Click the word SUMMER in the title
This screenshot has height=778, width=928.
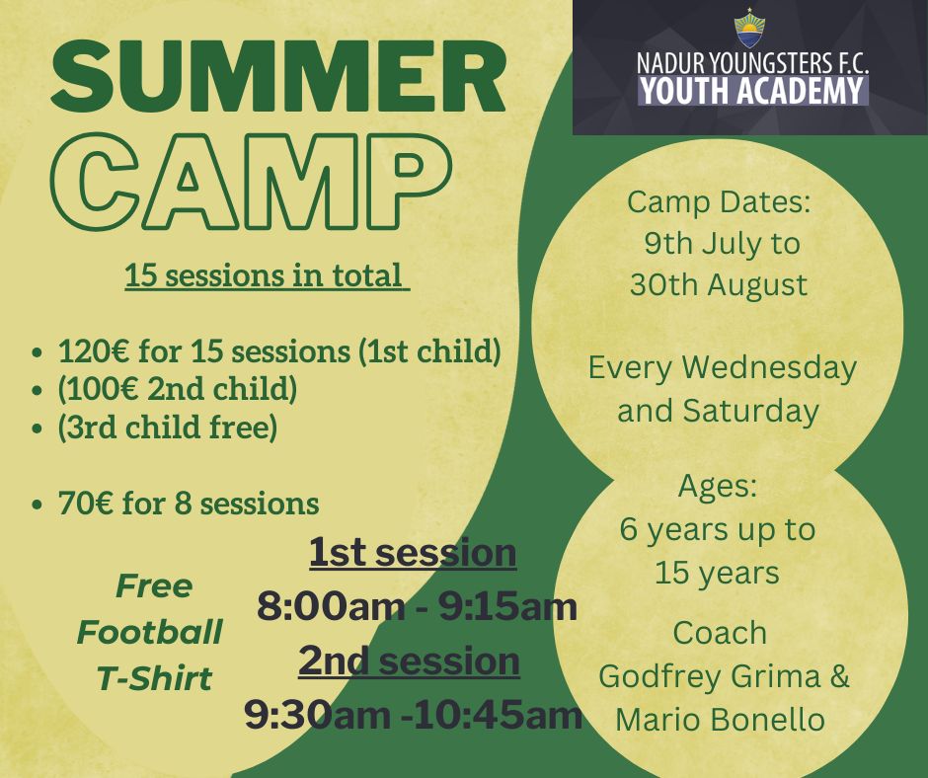click(x=278, y=78)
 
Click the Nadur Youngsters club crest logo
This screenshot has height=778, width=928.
click(x=749, y=31)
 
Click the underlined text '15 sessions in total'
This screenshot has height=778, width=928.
click(x=268, y=275)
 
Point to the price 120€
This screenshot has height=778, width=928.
click(x=95, y=351)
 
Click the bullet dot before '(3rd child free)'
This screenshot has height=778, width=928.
click(x=38, y=428)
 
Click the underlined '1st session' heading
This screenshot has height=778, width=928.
click(x=413, y=552)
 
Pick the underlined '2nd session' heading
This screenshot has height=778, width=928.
click(x=409, y=661)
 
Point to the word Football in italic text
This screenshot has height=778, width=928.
click(x=150, y=632)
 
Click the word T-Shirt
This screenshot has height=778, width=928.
click(x=154, y=678)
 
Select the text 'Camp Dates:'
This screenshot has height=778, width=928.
click(x=719, y=201)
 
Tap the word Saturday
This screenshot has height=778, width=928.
click(x=750, y=411)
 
